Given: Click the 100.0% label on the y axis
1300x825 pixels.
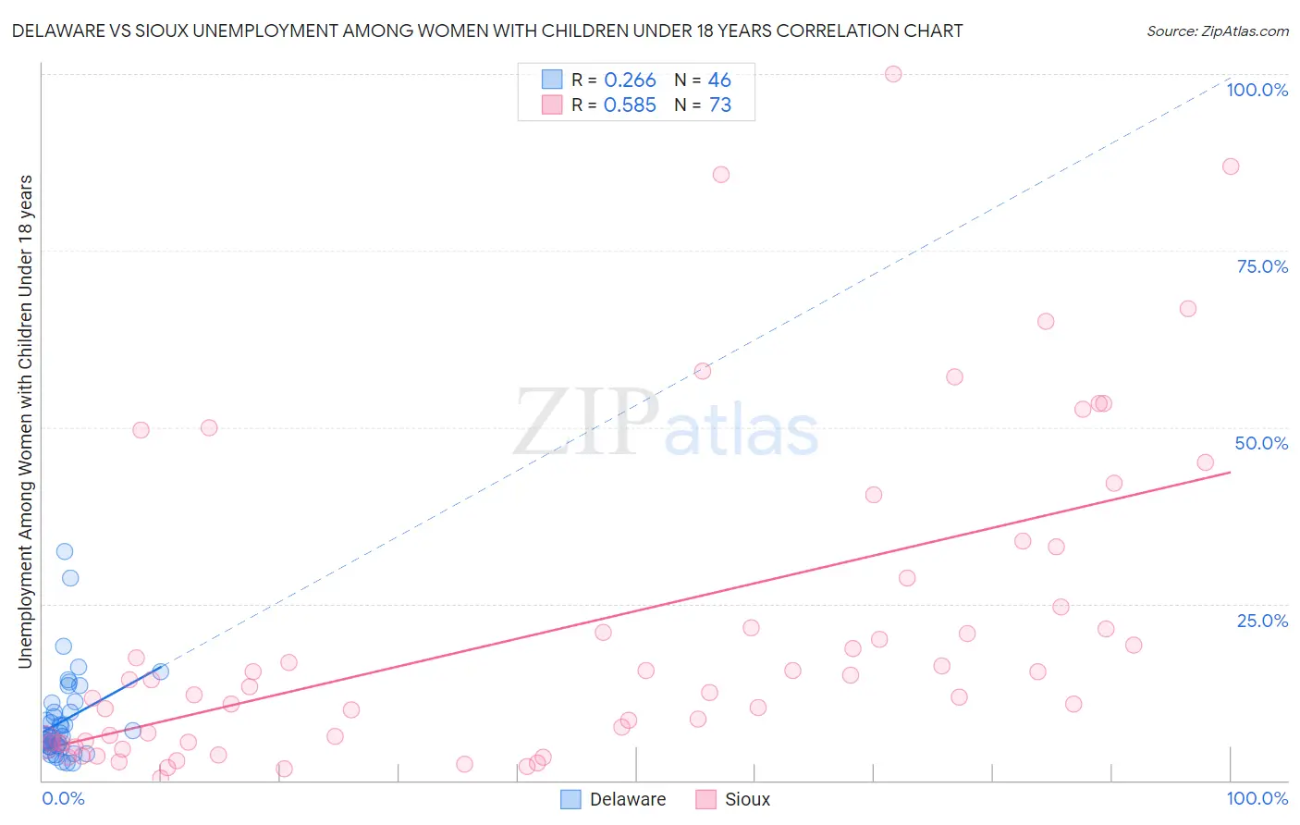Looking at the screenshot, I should [1257, 90].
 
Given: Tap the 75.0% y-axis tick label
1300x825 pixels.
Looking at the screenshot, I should [1262, 266].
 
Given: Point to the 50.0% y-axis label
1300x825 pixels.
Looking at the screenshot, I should [1261, 443].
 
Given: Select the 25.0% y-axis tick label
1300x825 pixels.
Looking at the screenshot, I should [1262, 620].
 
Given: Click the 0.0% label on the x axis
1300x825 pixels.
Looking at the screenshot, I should [63, 798].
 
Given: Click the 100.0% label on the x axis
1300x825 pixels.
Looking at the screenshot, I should [1257, 798].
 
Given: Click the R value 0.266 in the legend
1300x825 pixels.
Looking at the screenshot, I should [630, 80].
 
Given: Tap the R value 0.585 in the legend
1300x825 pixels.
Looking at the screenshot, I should [630, 105].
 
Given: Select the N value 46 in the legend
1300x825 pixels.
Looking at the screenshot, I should [719, 80].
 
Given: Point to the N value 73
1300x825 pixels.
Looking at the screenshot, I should [719, 105].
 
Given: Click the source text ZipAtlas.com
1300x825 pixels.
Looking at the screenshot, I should [1217, 31].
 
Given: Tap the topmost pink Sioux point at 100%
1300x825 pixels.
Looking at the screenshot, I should [893, 74].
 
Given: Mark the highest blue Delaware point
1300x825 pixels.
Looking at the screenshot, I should [65, 551].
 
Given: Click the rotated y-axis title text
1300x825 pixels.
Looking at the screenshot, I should [25, 421].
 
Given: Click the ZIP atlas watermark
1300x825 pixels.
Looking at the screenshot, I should [666, 423].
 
